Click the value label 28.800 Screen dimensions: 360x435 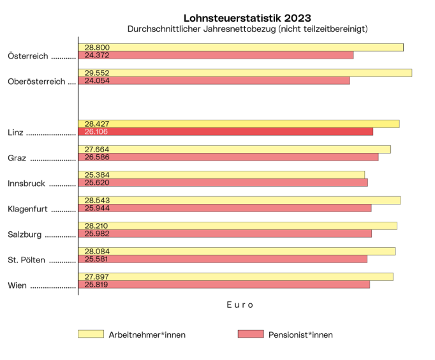(94, 48)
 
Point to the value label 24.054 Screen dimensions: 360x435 (94, 81)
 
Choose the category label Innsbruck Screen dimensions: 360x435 (26, 184)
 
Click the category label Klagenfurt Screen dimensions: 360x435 (28, 209)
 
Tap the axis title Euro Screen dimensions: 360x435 (240, 305)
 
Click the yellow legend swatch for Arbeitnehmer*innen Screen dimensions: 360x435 (91, 334)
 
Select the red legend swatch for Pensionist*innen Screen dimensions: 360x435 (250, 334)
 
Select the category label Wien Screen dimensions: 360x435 (17, 285)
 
